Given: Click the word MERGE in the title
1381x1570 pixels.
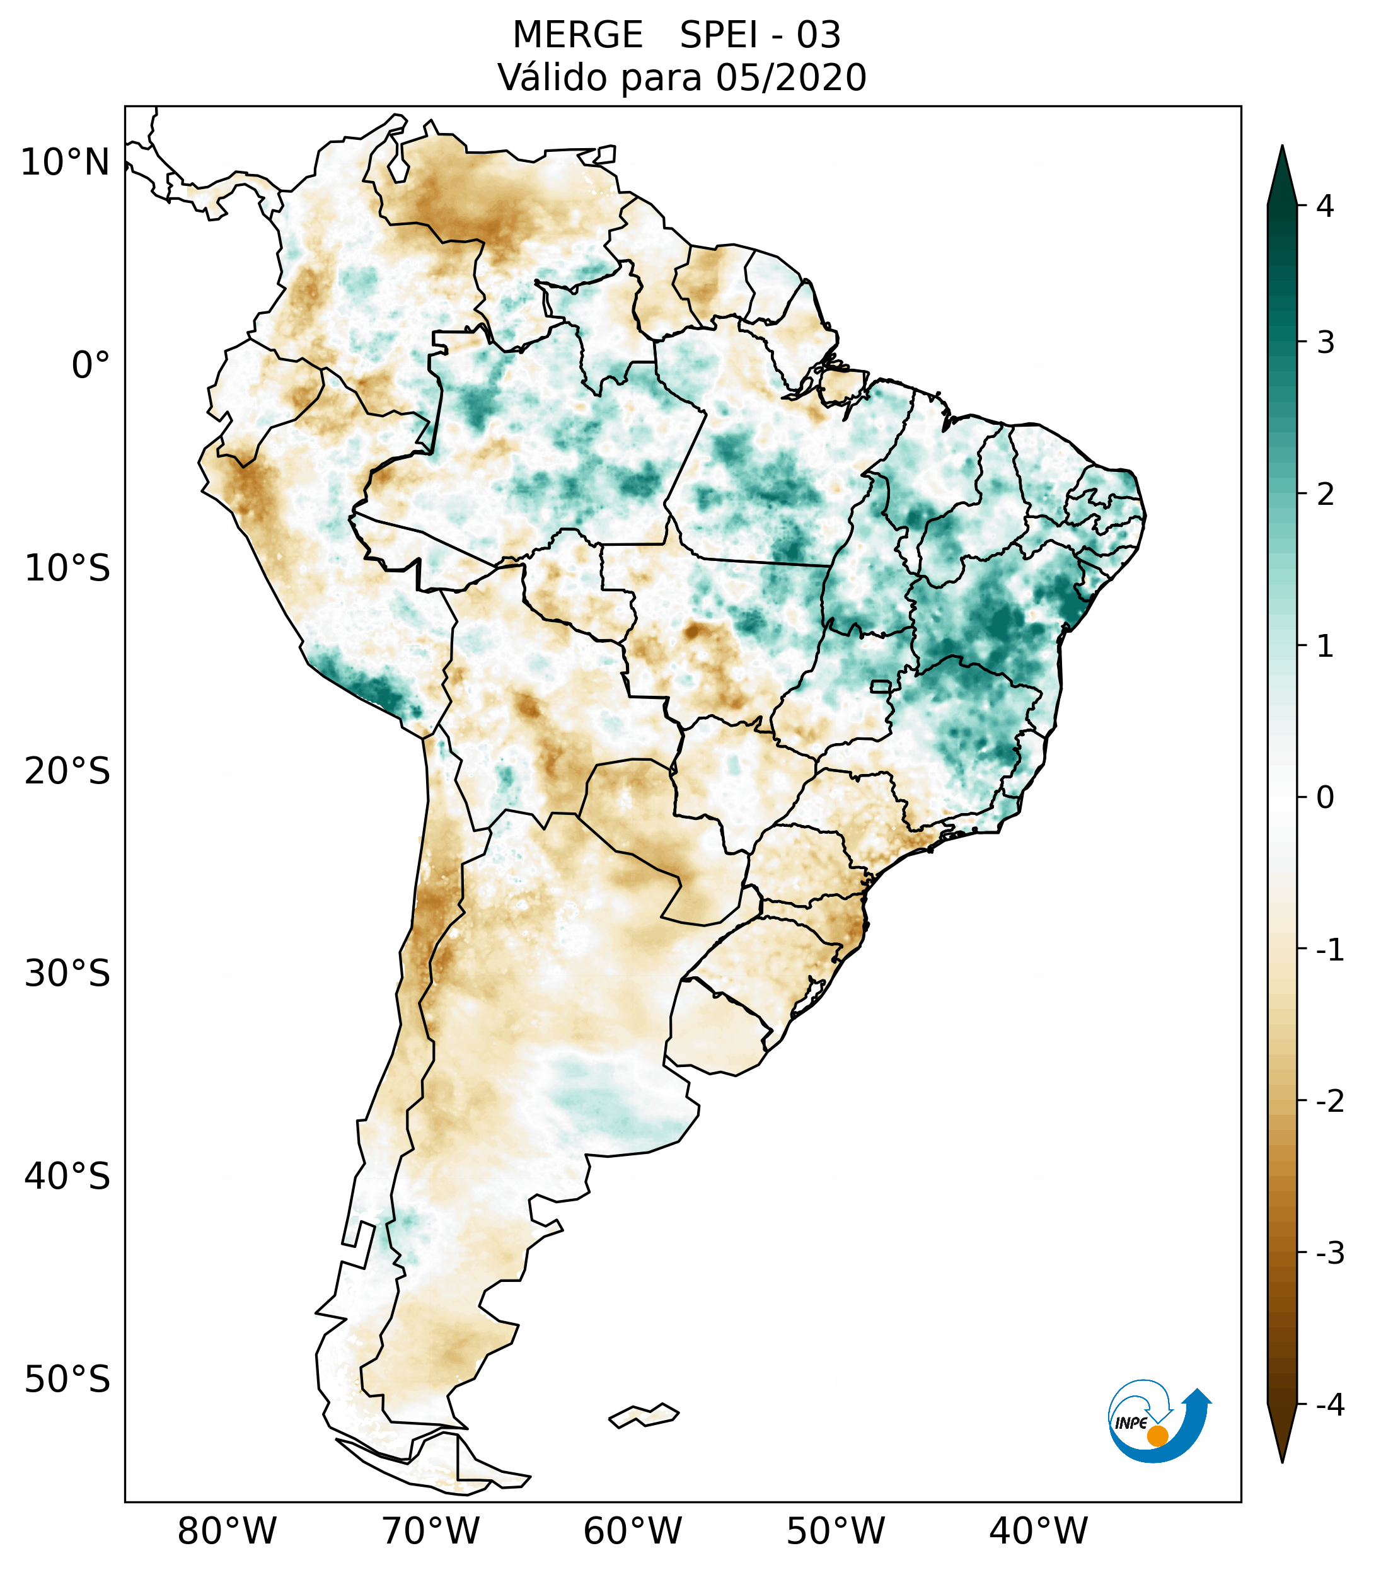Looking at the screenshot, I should (x=577, y=35).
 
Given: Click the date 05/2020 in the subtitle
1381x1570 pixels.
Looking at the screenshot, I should (x=790, y=78).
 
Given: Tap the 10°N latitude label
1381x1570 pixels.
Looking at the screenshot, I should (x=64, y=163).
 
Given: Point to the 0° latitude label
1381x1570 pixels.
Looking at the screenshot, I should (x=91, y=366).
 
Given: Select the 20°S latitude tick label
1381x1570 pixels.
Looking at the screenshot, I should (x=67, y=771).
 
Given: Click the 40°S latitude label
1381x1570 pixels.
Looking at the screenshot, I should (x=67, y=1177).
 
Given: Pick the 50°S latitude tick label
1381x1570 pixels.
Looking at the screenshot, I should (x=67, y=1380).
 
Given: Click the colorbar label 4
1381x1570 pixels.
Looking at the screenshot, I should (x=1325, y=206).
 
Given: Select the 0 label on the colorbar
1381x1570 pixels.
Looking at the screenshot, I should (x=1325, y=798).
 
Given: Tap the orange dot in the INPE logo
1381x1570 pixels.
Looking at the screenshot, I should (x=1157, y=1436).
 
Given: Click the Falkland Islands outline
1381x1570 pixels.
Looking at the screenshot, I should (x=644, y=1415).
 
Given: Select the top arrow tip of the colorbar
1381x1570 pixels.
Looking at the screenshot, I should (x=1281, y=147).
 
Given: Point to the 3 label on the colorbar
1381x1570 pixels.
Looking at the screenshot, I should (x=1325, y=343).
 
